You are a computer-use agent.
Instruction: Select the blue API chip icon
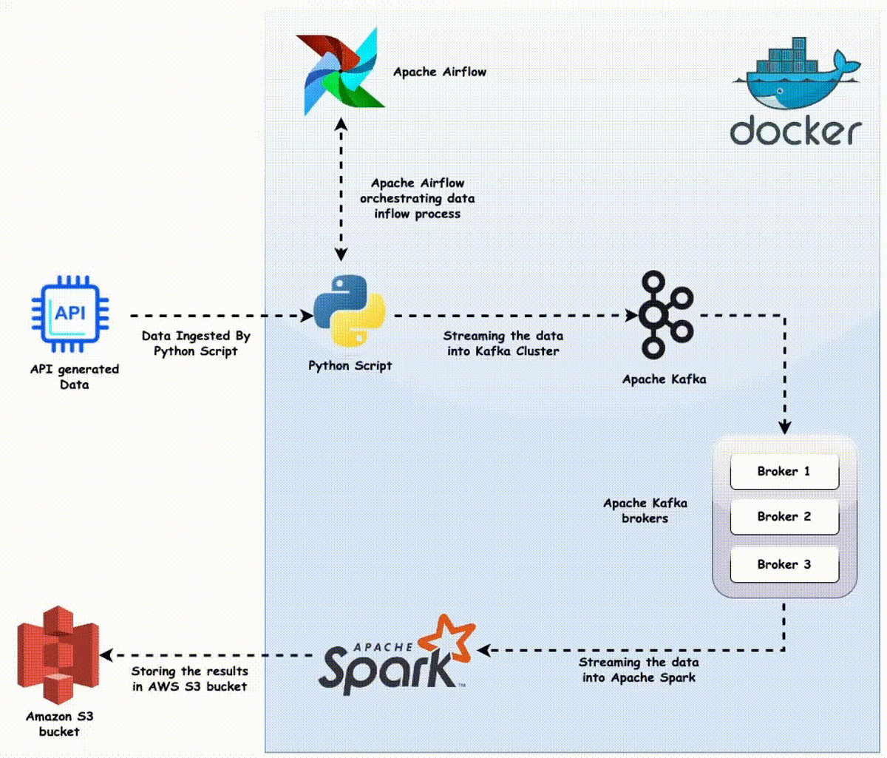[x=70, y=314]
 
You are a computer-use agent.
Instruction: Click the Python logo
[x=349, y=311]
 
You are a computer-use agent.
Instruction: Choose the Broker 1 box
[x=784, y=472]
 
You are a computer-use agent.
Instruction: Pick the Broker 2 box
[x=784, y=517]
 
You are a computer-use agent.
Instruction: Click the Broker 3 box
[x=784, y=565]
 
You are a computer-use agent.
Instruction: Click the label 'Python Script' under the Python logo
[x=350, y=365]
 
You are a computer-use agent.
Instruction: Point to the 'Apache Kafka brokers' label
[x=645, y=511]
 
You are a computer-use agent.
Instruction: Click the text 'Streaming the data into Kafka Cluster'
[x=503, y=344]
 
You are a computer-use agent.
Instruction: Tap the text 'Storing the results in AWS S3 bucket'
[x=189, y=679]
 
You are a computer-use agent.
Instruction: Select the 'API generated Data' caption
[x=74, y=376]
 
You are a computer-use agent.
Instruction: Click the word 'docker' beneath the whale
[x=795, y=131]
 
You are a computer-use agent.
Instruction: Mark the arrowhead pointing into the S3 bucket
[x=106, y=655]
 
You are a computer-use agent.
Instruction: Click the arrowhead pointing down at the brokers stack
[x=785, y=427]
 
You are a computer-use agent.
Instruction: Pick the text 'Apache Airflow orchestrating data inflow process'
[x=417, y=198]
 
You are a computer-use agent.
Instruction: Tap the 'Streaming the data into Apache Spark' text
[x=639, y=670]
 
